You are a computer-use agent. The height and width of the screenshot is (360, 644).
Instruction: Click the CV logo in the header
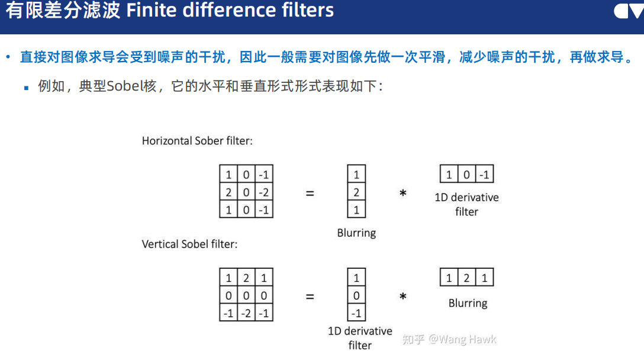pyautogui.click(x=628, y=11)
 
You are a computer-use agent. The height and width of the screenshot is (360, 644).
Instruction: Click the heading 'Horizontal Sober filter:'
pyautogui.click(x=197, y=141)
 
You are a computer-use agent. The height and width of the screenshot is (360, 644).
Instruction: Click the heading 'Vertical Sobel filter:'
pyautogui.click(x=189, y=244)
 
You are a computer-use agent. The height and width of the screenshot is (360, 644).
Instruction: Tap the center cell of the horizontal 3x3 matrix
pyautogui.click(x=246, y=192)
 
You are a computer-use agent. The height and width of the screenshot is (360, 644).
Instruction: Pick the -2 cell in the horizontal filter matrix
pyautogui.click(x=264, y=192)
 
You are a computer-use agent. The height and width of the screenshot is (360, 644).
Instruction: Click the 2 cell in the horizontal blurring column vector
pyautogui.click(x=356, y=192)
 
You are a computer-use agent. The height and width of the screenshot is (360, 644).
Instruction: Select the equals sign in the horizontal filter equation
pyautogui.click(x=310, y=193)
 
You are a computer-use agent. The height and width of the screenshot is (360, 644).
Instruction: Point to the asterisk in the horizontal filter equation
pyautogui.click(x=403, y=193)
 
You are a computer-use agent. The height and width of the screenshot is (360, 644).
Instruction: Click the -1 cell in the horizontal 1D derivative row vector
pyautogui.click(x=484, y=175)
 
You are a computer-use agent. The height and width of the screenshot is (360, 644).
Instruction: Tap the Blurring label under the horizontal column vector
pyautogui.click(x=356, y=233)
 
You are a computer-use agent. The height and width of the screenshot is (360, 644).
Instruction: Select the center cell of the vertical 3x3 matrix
pyautogui.click(x=246, y=295)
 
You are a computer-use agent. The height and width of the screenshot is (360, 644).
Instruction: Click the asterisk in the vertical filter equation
pyautogui.click(x=403, y=296)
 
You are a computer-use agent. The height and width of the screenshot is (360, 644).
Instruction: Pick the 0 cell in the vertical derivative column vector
pyautogui.click(x=356, y=295)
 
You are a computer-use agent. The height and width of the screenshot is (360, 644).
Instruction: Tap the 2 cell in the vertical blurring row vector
pyautogui.click(x=466, y=278)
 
